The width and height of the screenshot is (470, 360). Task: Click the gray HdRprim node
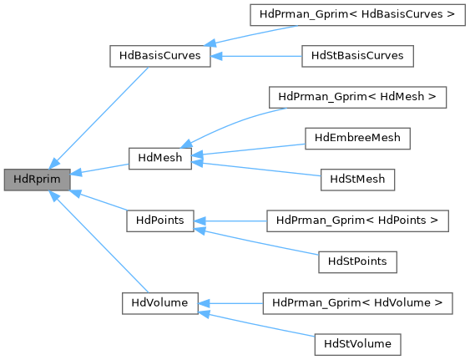pos(36,178)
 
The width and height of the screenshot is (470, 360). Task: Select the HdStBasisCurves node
pos(356,55)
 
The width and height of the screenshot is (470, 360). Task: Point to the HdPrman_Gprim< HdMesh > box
pos(357,97)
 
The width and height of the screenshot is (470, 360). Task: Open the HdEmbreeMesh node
pos(357,137)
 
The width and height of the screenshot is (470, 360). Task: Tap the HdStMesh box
pos(357,178)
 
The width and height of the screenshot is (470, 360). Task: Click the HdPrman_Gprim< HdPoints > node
pos(357,220)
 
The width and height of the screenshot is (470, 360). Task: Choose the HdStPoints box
pos(357,260)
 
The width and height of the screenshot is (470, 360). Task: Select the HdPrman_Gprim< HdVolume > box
pos(357,301)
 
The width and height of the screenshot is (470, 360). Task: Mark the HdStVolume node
pos(357,342)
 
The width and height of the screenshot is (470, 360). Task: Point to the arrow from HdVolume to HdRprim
pos(100,243)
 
